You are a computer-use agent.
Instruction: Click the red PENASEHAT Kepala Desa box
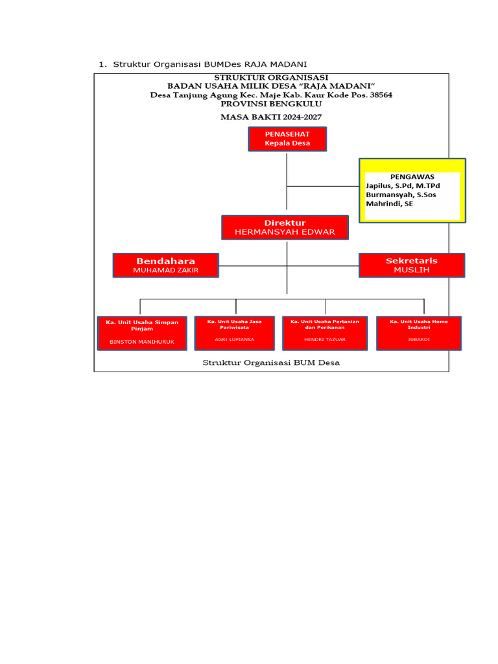287,139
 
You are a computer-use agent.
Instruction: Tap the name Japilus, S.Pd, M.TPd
403,185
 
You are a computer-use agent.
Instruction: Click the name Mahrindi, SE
390,204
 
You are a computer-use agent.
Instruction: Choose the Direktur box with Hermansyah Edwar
285,228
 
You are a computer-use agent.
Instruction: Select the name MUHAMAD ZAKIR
165,270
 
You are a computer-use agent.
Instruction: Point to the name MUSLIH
412,270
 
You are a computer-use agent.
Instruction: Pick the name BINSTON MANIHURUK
142,340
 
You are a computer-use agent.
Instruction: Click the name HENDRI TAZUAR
326,339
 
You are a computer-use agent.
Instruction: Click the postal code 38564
379,95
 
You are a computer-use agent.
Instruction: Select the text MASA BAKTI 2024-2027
271,117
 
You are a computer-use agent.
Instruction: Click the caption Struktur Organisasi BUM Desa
271,362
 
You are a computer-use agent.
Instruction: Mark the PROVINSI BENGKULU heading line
271,103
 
